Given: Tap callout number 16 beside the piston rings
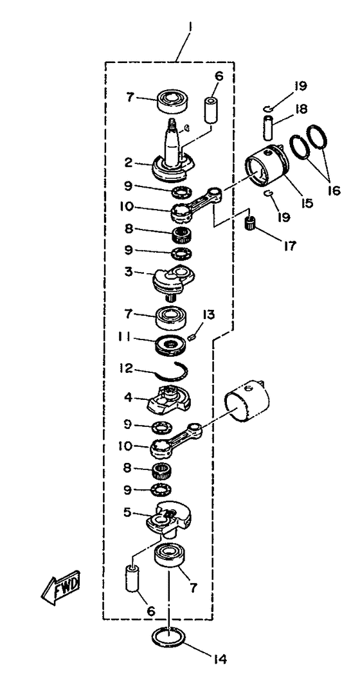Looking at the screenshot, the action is [x=333, y=190].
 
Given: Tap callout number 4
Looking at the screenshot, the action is [x=128, y=397].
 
